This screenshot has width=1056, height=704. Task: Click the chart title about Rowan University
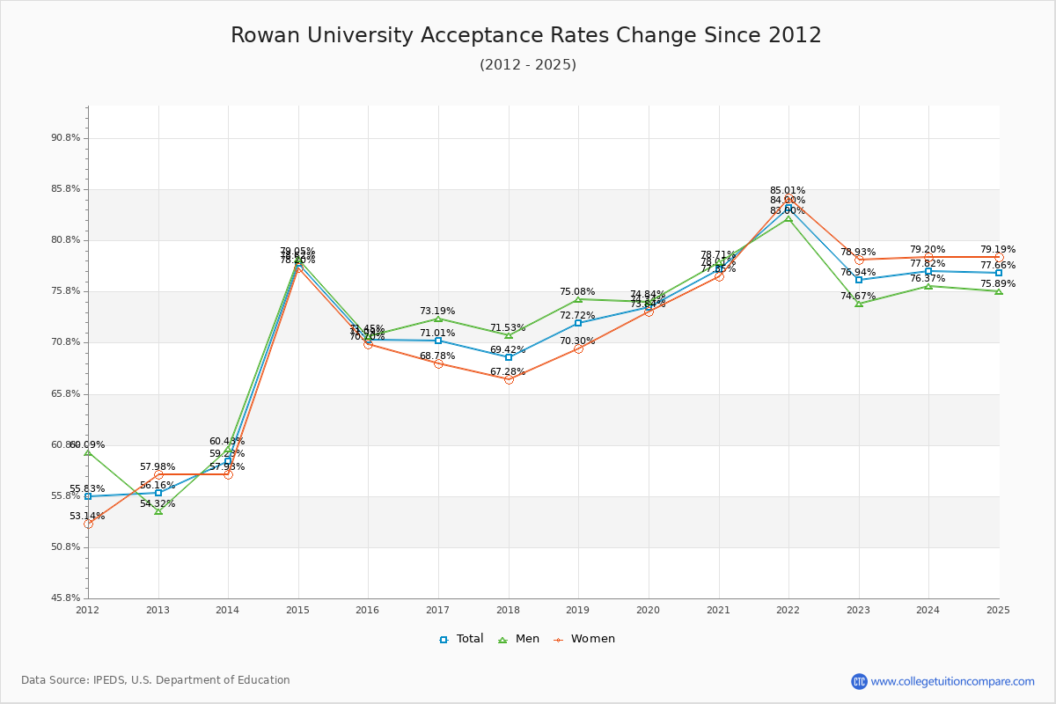(526, 36)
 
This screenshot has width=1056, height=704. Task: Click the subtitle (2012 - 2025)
(528, 65)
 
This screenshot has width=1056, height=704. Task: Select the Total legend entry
(462, 639)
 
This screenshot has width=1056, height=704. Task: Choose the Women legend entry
(584, 639)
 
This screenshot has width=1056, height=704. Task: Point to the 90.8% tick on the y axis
(66, 138)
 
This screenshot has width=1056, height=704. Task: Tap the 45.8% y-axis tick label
(66, 598)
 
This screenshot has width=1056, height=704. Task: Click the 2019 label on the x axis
(578, 610)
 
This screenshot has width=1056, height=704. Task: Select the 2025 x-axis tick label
(998, 610)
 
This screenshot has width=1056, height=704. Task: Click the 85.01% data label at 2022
(788, 190)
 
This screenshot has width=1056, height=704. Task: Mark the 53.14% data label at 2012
(87, 517)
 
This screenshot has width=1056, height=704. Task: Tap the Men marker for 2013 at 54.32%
(158, 510)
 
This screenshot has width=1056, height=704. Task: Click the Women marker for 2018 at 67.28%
(509, 379)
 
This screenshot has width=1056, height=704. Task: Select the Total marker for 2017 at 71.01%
(438, 341)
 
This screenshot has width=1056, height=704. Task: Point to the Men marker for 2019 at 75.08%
(578, 299)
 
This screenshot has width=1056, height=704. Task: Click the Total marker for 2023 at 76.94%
(859, 280)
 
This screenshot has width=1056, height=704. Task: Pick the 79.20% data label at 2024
(928, 250)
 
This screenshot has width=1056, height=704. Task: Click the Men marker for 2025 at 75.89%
(999, 290)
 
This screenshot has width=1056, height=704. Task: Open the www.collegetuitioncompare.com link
(952, 681)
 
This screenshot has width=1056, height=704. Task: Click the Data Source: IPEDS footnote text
(156, 680)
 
